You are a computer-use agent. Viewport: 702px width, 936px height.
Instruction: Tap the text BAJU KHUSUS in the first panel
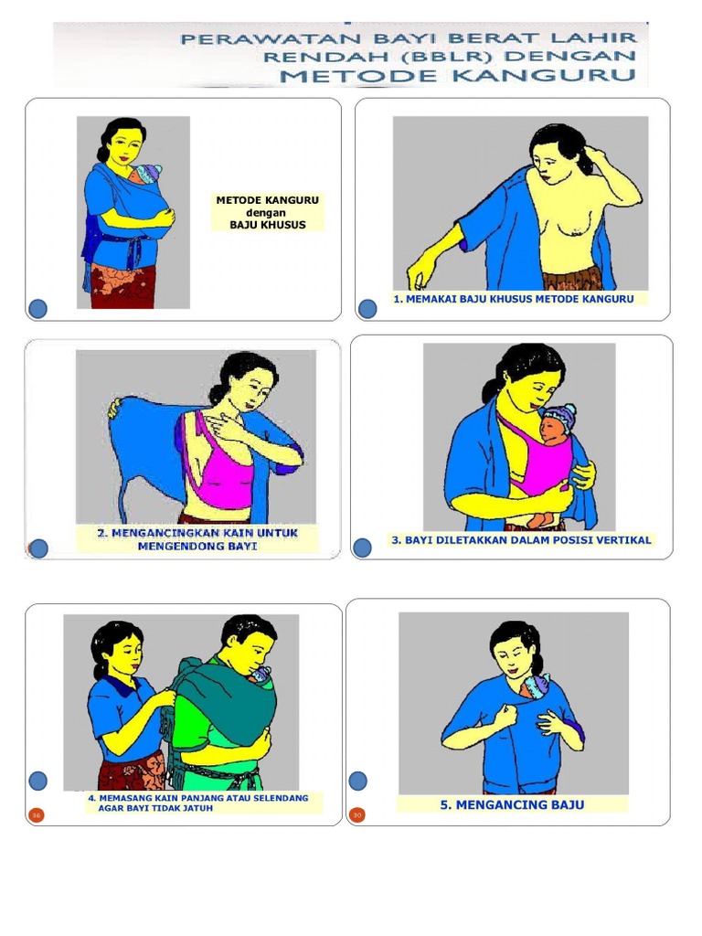coord(268,225)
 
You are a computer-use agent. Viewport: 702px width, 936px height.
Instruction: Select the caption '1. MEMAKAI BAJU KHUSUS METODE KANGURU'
coord(513,299)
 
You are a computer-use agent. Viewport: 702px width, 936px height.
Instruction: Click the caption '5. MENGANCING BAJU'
coord(512,805)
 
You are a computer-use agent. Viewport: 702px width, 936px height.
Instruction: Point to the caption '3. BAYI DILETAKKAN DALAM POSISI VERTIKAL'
coord(521,540)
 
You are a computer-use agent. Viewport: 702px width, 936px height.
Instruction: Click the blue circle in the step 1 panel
coord(367,309)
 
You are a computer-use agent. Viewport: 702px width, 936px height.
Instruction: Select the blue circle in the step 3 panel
coord(362,548)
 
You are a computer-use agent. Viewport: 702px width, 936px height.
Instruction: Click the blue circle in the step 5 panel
coord(357,781)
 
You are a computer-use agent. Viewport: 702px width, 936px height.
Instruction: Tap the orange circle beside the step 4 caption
coord(37,814)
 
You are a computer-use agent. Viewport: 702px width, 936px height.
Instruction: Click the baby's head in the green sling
coord(261,675)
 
